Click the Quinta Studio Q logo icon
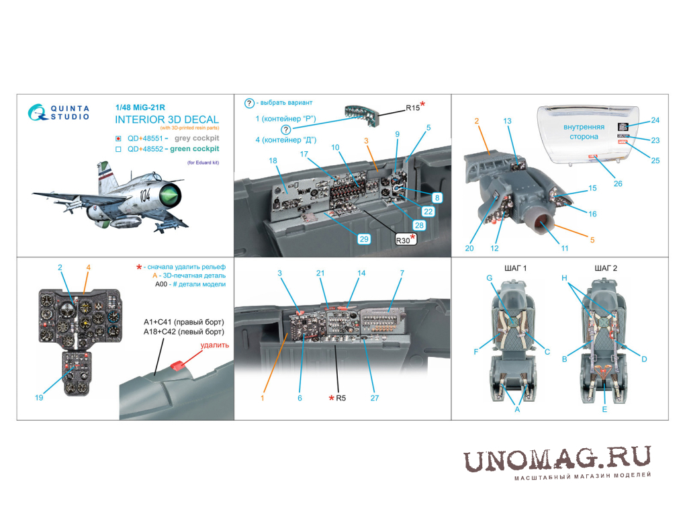click(x=38, y=112)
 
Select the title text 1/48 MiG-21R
click(x=140, y=108)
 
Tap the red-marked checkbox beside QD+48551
click(x=118, y=138)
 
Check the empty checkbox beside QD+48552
click(x=118, y=149)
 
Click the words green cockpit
click(x=194, y=148)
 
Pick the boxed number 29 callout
click(x=364, y=239)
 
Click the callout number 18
click(x=273, y=161)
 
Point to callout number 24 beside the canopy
click(x=655, y=120)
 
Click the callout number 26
click(x=618, y=183)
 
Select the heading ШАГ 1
click(x=516, y=268)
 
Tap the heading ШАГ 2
click(x=606, y=268)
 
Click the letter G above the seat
click(x=490, y=278)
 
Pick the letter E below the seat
click(x=604, y=409)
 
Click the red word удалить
click(x=214, y=345)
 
